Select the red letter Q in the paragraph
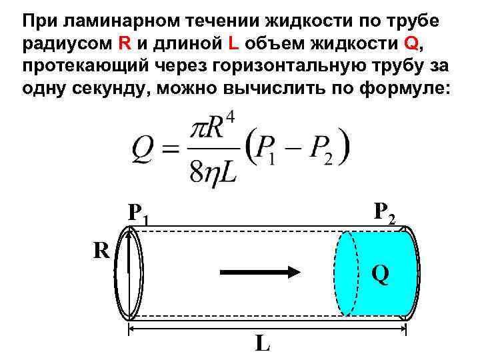(x=411, y=44)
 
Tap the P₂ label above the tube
(x=385, y=212)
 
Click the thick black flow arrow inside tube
(x=261, y=272)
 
